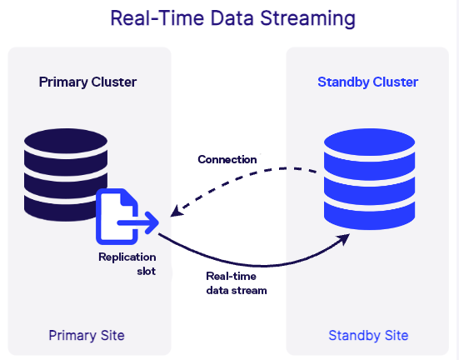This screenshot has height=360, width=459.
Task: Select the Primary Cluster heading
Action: [87, 82]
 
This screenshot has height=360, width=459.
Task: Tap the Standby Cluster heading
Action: [367, 82]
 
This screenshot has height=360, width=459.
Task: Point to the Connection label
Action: [227, 159]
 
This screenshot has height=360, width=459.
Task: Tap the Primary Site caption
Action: [87, 335]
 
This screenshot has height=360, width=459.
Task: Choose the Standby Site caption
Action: [368, 335]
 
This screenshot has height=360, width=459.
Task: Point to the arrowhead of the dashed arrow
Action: [176, 212]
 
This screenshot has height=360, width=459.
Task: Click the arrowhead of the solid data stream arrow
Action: [343, 239]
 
